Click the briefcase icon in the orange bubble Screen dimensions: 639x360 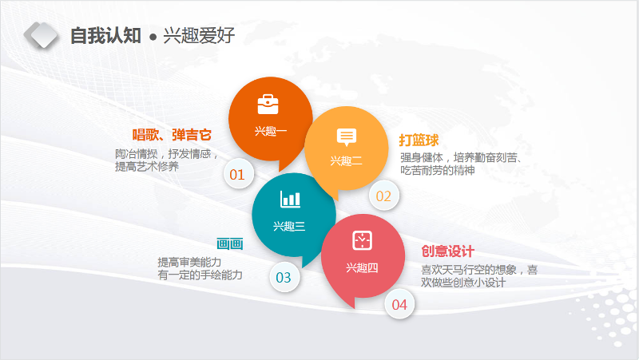(268, 105)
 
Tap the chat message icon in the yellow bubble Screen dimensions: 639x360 (347, 136)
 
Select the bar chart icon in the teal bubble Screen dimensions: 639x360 (290, 199)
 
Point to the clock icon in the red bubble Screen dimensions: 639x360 (363, 240)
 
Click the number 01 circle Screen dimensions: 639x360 (239, 174)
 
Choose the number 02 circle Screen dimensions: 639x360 (384, 196)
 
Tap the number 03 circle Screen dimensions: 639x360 (284, 277)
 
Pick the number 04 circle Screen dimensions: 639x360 (399, 304)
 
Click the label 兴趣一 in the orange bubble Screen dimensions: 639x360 (271, 131)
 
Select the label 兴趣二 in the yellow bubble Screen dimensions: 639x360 (347, 161)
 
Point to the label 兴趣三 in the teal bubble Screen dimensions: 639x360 (289, 226)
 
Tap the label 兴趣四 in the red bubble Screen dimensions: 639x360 (362, 267)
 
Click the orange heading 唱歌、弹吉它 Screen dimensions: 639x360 (172, 135)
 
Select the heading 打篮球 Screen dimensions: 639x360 (419, 140)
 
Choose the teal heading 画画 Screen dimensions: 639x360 (230, 244)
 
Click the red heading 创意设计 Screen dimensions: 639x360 (447, 251)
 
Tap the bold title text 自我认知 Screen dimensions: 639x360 (105, 35)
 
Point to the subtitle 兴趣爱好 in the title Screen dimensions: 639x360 (199, 35)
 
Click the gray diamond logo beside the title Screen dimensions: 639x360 (41, 35)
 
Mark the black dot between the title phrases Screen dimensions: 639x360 (153, 38)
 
